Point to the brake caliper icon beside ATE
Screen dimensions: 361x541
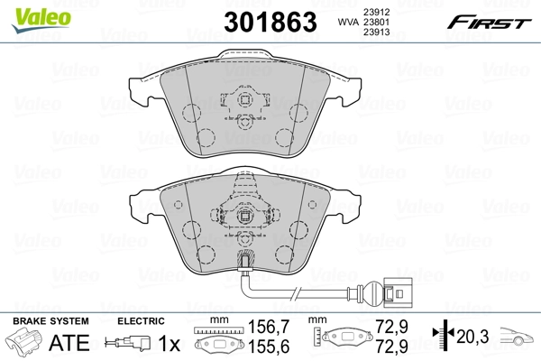24,343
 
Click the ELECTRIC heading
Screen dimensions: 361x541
140,321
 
